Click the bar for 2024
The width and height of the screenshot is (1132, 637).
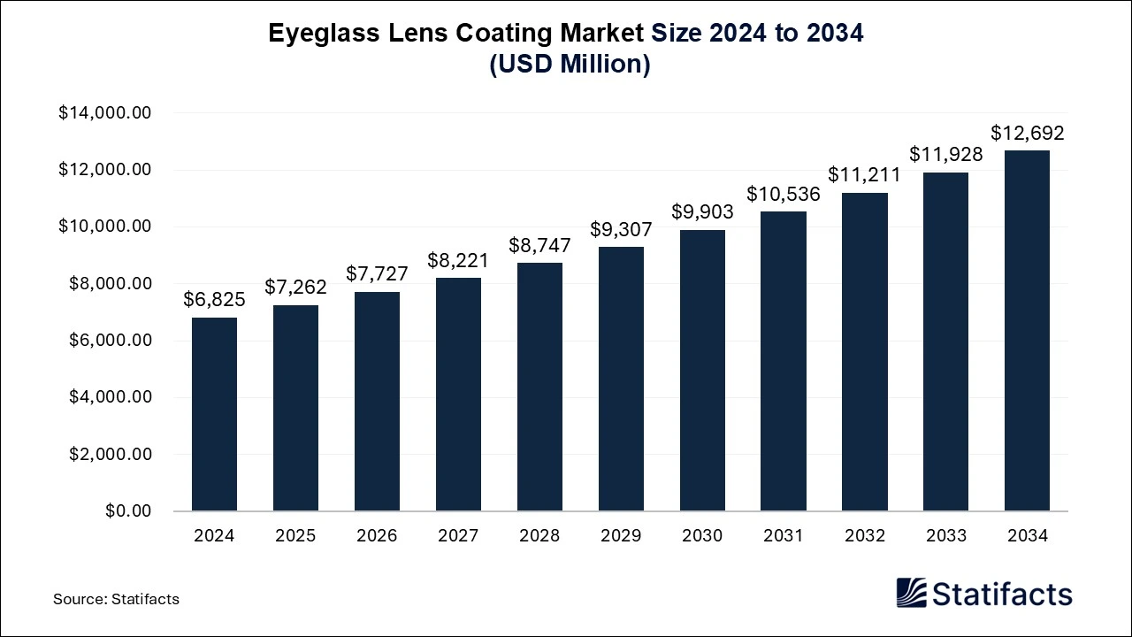(x=214, y=414)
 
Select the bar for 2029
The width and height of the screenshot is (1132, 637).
(x=621, y=379)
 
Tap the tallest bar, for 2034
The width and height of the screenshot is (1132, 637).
(x=1027, y=331)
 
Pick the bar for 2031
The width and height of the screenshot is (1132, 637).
(x=784, y=361)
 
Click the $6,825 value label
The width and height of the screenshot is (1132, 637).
(x=214, y=300)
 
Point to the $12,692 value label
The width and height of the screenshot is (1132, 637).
(x=1027, y=134)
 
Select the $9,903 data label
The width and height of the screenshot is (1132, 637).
(x=702, y=212)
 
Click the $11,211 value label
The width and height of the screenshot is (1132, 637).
(x=865, y=175)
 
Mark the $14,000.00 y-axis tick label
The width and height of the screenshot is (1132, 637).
(x=105, y=113)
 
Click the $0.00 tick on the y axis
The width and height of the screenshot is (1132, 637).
(x=128, y=511)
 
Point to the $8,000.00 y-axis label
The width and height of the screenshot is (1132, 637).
(x=110, y=284)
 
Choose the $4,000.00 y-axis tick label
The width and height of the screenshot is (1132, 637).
(x=110, y=397)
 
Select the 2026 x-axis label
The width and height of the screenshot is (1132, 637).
(x=377, y=535)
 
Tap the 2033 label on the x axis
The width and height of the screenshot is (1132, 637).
(x=945, y=535)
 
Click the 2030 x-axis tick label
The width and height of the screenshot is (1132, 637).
(x=702, y=535)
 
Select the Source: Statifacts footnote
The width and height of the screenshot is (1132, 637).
(x=116, y=599)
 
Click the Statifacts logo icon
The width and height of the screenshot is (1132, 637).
(x=911, y=593)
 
